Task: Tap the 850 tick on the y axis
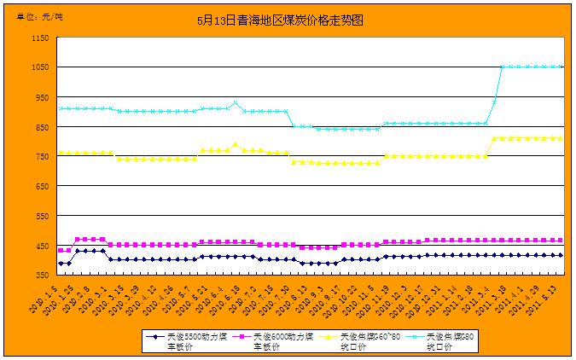41,127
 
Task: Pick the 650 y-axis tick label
41,186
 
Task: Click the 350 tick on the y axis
41,275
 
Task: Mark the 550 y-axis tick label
41,216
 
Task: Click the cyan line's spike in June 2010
235,103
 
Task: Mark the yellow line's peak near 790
235,145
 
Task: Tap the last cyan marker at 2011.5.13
561,67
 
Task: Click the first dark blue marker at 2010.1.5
61,263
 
